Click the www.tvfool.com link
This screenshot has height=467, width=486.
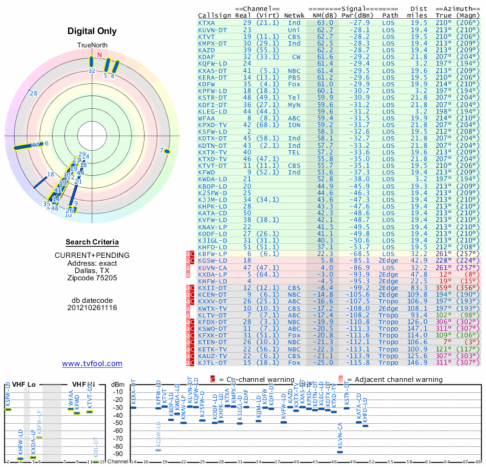[92, 364]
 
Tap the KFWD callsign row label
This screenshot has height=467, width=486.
[207, 173]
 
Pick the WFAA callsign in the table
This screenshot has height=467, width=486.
[207, 119]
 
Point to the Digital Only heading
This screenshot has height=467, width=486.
[92, 31]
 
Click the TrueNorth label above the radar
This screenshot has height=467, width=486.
[91, 46]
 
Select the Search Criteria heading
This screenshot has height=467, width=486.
[92, 241]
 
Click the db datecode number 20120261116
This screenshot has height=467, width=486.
[92, 308]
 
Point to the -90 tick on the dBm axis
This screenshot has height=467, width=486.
[118, 454]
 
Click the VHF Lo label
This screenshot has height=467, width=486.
[23, 384]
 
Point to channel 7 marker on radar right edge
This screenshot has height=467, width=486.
[165, 151]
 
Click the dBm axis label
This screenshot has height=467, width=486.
[118, 384]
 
